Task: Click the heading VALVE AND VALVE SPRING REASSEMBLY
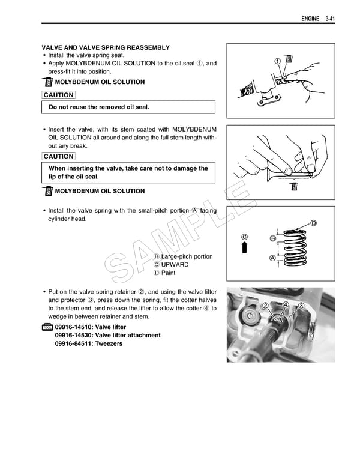[105, 47]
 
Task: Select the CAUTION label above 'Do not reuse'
[58, 95]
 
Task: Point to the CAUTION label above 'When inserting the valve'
[58, 156]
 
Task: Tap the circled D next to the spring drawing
[313, 224]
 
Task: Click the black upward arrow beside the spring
[245, 248]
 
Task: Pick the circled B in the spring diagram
[273, 239]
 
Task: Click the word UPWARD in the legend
[175, 265]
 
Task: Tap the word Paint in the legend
[168, 273]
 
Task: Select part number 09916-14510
[74, 327]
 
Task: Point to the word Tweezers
[109, 343]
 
